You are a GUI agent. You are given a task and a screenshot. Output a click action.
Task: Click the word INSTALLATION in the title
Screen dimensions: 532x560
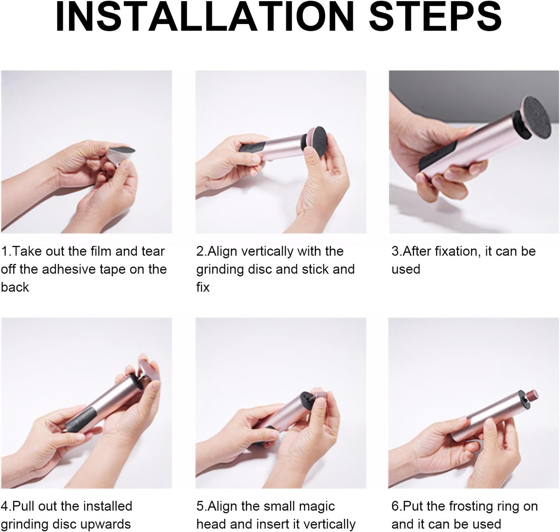205,17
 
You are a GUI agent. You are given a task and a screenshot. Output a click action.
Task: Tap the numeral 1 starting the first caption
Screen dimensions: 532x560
4,251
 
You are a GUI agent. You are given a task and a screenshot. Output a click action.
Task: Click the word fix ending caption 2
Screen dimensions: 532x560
203,287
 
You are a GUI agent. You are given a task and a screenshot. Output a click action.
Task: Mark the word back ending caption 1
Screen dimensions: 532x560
15,287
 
